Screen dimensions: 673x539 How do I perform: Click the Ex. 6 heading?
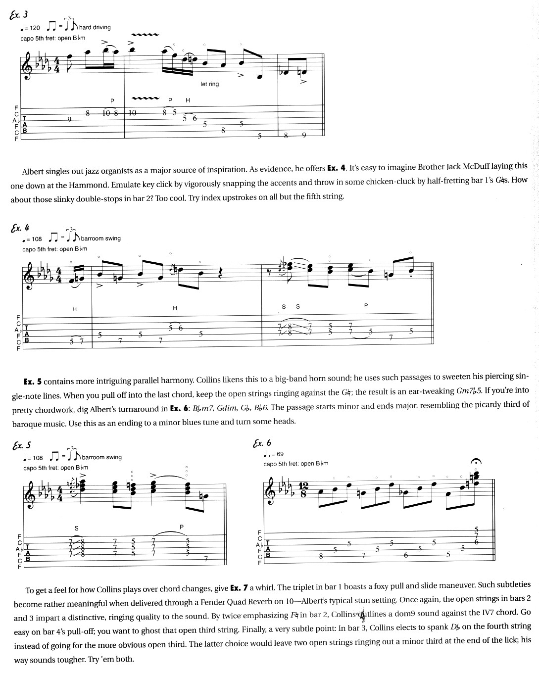click(x=262, y=443)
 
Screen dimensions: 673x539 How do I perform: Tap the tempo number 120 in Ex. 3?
click(x=34, y=28)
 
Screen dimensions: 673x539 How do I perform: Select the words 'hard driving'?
click(x=95, y=27)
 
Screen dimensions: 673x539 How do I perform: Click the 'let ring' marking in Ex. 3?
click(x=209, y=84)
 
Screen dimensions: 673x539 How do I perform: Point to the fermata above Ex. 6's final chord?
click(x=476, y=462)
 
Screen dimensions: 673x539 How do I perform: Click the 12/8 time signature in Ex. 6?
click(x=303, y=490)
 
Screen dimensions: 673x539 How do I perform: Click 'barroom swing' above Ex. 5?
click(x=101, y=457)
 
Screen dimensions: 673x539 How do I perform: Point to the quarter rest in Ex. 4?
click(x=221, y=272)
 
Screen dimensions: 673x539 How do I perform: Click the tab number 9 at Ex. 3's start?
click(x=70, y=119)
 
